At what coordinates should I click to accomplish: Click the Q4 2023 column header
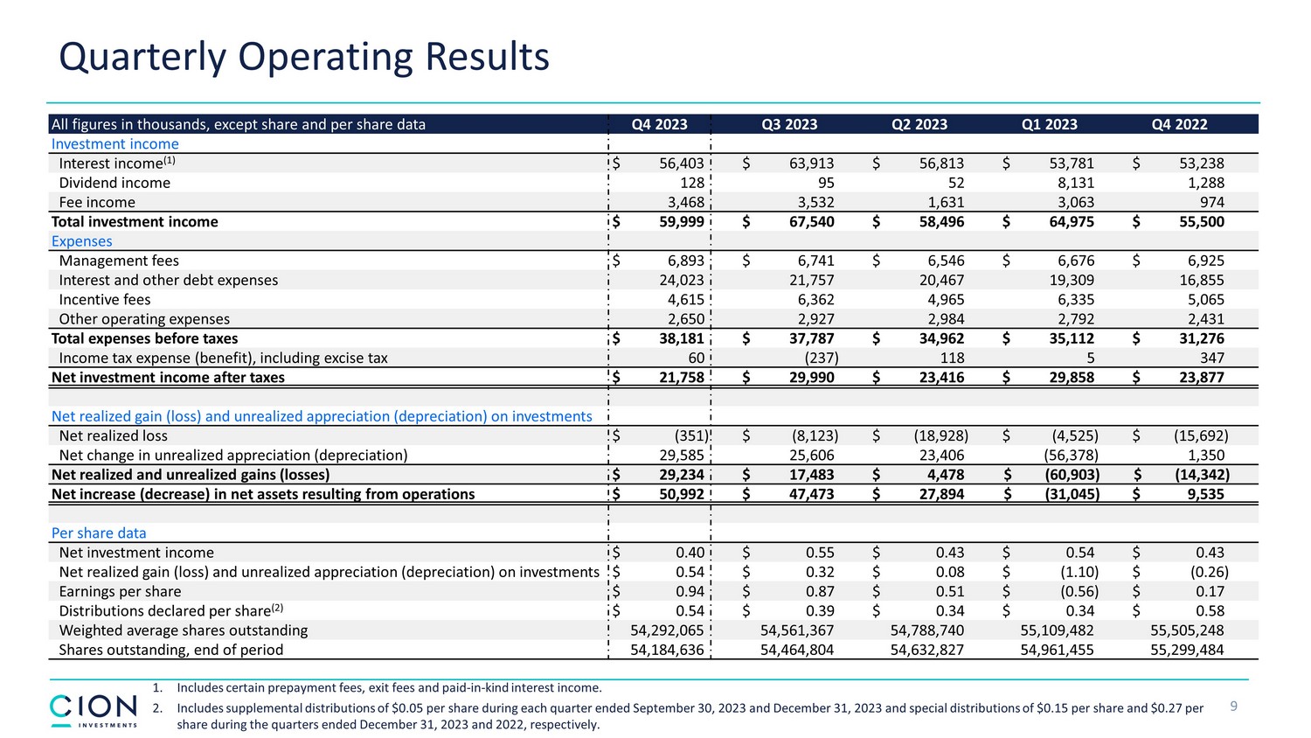point(659,124)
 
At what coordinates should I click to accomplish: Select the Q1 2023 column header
point(1049,124)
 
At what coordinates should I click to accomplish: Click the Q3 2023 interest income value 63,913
point(811,164)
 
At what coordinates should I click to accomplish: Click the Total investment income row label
point(135,222)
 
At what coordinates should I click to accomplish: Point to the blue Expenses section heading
point(82,241)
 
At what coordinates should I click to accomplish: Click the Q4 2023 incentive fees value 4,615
point(686,300)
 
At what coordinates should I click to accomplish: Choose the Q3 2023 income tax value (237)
point(821,358)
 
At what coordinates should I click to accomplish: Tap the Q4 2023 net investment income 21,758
point(681,378)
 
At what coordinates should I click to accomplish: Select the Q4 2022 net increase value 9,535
point(1205,494)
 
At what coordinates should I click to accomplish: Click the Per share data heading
point(99,533)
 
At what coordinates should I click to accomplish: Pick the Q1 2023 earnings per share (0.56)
point(1079,592)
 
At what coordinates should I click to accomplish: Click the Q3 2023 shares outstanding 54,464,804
point(797,650)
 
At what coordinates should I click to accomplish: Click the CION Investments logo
point(94,710)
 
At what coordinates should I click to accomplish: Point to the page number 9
point(1234,707)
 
